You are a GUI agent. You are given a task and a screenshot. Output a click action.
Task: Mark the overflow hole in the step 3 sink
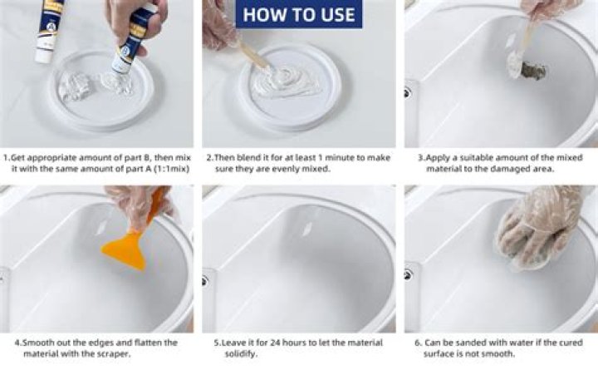click(x=408, y=92)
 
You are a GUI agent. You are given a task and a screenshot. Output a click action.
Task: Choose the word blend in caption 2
click(x=247, y=156)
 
